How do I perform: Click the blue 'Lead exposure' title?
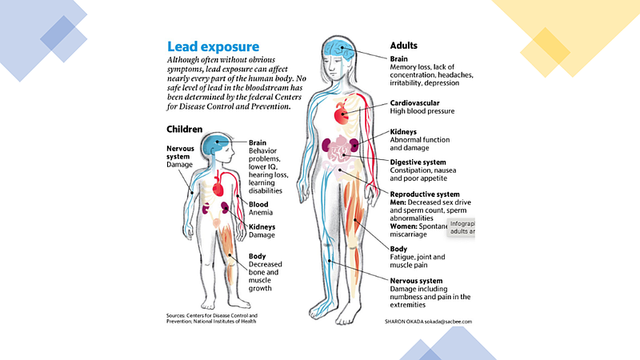pyautogui.click(x=212, y=46)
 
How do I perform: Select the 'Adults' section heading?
pyautogui.click(x=404, y=46)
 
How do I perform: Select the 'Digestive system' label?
pyautogui.click(x=423, y=162)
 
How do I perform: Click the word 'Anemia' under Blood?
pyautogui.click(x=262, y=214)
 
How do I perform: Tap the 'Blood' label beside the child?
pyautogui.click(x=259, y=204)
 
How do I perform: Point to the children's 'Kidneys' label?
pyautogui.click(x=262, y=227)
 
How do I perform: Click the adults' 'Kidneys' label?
pyautogui.click(x=403, y=132)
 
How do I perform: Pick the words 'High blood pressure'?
pyautogui.click(x=422, y=112)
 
